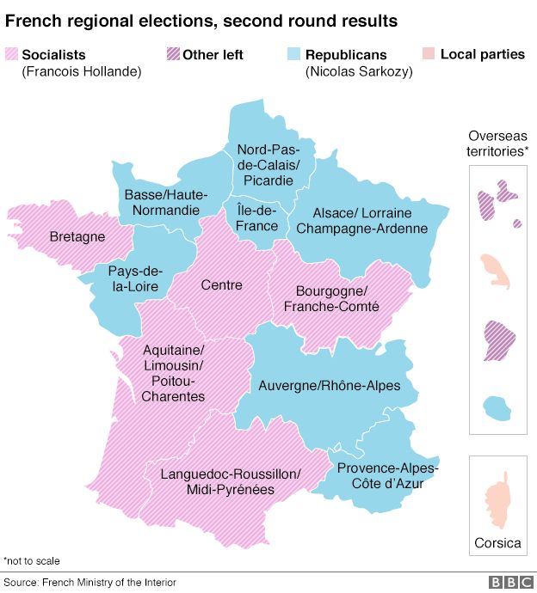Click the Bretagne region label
(77, 236)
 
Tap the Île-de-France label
(257, 218)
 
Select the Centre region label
(221, 284)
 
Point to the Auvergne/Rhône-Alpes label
(317, 386)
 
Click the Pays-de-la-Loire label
(133, 278)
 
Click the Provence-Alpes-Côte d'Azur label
(387, 476)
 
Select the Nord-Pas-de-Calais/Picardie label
(268, 164)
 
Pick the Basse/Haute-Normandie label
(162, 202)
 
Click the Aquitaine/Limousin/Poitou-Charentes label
(174, 373)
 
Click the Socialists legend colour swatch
(12, 55)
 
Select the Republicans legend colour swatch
(294, 55)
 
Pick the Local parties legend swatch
(429, 55)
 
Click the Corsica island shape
(497, 503)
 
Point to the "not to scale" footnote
(32, 560)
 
